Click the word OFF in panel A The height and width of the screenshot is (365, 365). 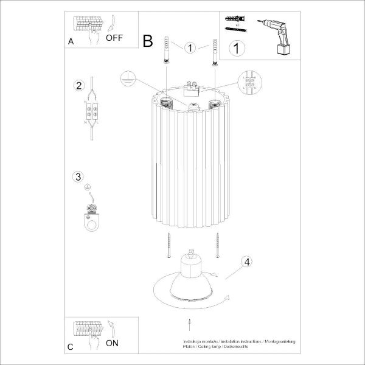click(114, 38)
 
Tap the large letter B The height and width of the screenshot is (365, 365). click(148, 41)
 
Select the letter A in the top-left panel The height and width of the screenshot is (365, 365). click(71, 43)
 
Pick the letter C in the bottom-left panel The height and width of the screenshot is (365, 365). click(71, 347)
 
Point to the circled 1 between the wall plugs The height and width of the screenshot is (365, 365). click(190, 47)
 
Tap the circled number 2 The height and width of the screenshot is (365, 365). click(78, 85)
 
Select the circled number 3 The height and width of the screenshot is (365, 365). click(77, 177)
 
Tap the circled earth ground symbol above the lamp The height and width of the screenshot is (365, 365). click(127, 77)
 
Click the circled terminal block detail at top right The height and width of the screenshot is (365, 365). click(249, 83)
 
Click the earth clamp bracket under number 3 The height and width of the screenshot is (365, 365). click(91, 218)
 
